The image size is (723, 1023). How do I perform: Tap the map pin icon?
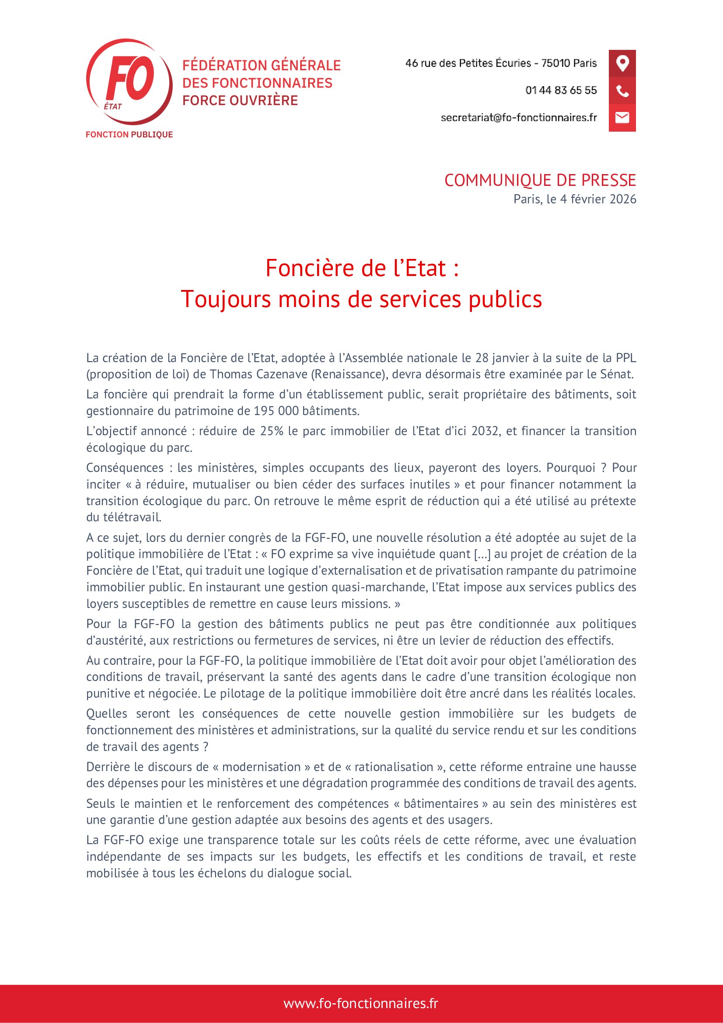point(622,63)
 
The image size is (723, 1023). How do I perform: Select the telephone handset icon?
point(622,91)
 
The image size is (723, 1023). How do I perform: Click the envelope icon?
point(622,118)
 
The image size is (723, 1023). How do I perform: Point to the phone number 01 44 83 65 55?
point(561,91)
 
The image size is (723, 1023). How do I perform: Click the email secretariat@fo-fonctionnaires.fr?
point(519,118)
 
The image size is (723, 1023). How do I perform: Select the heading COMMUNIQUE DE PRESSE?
point(540,181)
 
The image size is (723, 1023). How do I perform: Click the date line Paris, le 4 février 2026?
point(575,199)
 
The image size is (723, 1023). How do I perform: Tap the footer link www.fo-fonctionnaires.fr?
point(361,1003)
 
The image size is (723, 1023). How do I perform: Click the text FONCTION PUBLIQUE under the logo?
point(129,135)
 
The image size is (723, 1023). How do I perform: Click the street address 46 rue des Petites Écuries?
point(468,63)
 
